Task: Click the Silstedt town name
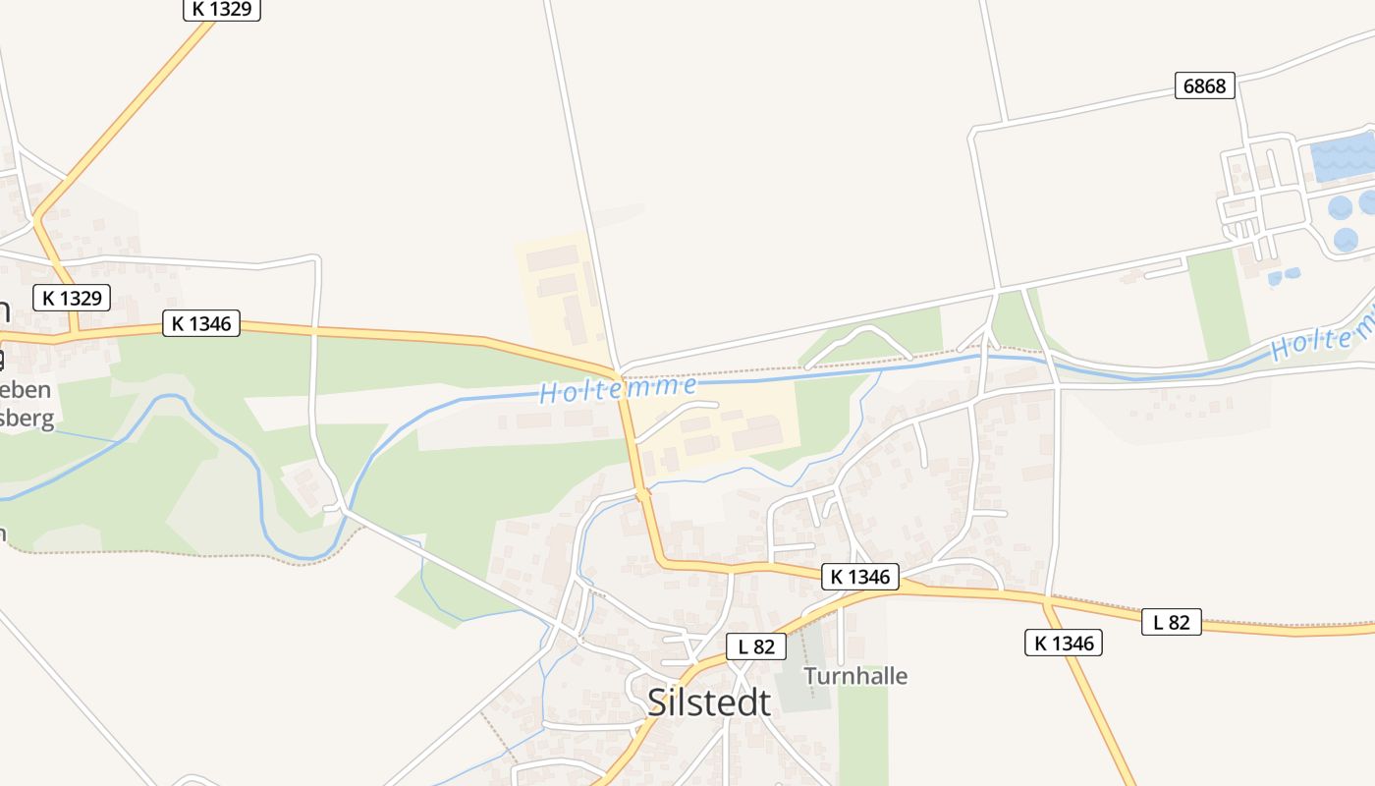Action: (x=709, y=702)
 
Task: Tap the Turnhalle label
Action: (x=855, y=676)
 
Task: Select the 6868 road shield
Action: (x=1204, y=86)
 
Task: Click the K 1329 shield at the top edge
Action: (x=222, y=9)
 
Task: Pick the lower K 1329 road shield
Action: (x=72, y=298)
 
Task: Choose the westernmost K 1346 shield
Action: (x=201, y=323)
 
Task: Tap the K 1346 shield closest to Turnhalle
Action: (x=859, y=577)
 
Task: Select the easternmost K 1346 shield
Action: (x=1063, y=644)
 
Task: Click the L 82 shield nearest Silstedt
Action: (x=756, y=646)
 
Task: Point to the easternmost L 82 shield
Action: (x=1171, y=622)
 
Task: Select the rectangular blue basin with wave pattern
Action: (x=1342, y=157)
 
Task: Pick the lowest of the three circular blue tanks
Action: (x=1346, y=239)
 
